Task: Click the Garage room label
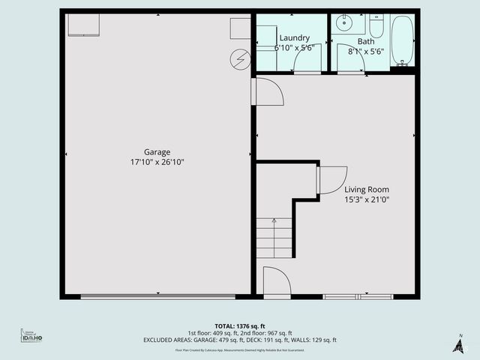(x=157, y=151)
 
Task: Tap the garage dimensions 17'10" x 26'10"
(x=157, y=162)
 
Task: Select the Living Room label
(x=367, y=190)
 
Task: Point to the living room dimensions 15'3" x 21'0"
(x=367, y=199)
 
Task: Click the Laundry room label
(x=294, y=37)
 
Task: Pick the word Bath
(x=366, y=41)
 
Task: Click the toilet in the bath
(x=377, y=27)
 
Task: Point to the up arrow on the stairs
(x=274, y=224)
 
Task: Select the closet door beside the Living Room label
(x=331, y=179)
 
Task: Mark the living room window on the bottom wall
(x=358, y=297)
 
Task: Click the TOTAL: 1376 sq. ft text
(x=240, y=326)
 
